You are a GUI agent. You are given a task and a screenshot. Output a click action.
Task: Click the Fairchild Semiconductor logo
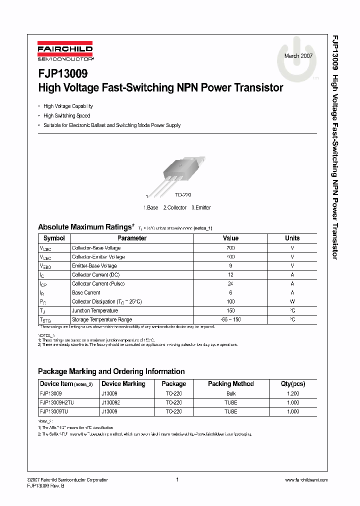click(x=65, y=52)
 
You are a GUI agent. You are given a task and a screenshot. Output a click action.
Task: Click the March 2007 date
click(x=298, y=56)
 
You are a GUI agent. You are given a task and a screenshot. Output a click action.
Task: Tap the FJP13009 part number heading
click(x=63, y=74)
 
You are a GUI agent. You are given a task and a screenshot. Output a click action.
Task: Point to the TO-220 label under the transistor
click(x=183, y=195)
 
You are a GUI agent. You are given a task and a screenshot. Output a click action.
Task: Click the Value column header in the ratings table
click(x=230, y=238)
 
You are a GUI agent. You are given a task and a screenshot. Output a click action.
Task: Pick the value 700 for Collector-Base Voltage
click(x=230, y=248)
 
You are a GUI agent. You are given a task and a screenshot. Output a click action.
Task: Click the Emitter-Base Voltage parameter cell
click(x=94, y=266)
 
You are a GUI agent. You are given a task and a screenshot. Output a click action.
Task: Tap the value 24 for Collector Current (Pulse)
click(x=230, y=284)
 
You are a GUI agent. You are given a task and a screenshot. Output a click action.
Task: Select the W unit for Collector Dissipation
click(x=292, y=301)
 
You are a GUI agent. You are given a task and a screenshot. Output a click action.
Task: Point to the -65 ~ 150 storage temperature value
click(x=230, y=319)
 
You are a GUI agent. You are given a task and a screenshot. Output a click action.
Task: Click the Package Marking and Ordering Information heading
click(x=111, y=371)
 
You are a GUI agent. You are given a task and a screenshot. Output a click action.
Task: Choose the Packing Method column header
click(x=230, y=384)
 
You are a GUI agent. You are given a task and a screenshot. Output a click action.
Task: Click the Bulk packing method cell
click(x=230, y=394)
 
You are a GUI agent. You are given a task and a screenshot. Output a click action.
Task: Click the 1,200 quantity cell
click(x=293, y=394)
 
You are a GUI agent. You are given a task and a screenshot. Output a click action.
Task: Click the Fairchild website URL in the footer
click(x=306, y=480)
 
